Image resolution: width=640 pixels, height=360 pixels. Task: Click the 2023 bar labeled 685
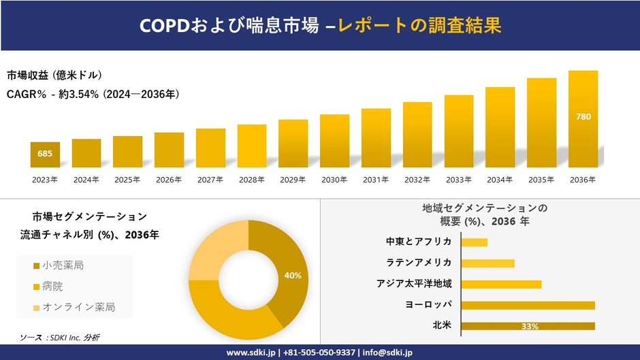(45, 154)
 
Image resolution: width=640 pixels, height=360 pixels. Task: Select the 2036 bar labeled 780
(583, 118)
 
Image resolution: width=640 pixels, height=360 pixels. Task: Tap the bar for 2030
(334, 141)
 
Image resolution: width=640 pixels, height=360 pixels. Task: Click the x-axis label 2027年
(210, 180)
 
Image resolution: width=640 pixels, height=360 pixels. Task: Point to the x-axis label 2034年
(500, 180)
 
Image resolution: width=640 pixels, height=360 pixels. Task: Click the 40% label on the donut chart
(293, 276)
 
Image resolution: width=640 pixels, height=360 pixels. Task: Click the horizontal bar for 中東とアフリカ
(475, 242)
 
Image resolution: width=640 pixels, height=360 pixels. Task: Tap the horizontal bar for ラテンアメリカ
(487, 263)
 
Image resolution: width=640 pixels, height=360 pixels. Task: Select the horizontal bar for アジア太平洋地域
(501, 284)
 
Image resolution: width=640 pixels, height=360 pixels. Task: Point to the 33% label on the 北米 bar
(529, 327)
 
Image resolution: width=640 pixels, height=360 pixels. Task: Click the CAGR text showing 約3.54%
(93, 94)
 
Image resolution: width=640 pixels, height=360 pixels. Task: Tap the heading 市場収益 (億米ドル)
(54, 75)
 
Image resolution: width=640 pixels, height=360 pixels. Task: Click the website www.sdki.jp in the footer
(250, 353)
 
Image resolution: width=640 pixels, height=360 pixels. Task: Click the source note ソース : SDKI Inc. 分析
(59, 338)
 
